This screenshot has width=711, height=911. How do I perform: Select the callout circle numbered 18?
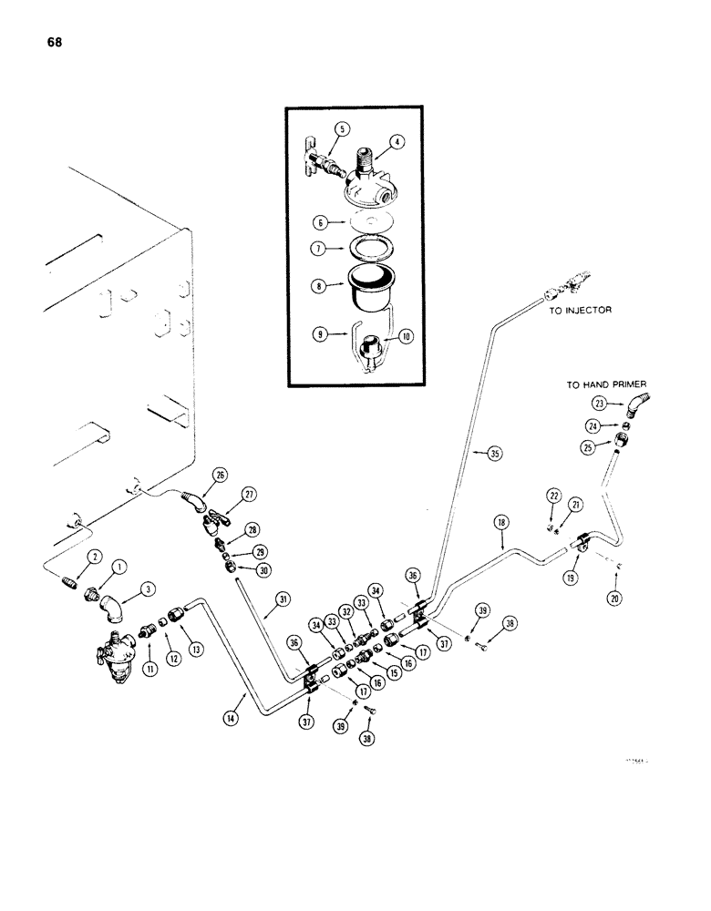coord(500,523)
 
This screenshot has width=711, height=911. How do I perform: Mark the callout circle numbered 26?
coord(218,474)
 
